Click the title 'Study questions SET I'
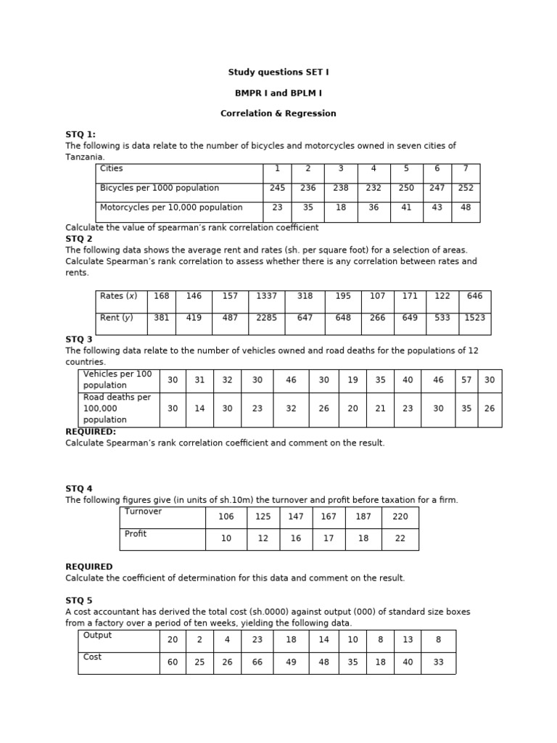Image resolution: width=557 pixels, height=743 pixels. [278, 73]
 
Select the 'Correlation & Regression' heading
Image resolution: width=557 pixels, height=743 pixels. [278, 114]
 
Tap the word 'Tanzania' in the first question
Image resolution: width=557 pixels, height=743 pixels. [84, 157]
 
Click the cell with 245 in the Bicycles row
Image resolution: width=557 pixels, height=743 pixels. [276, 188]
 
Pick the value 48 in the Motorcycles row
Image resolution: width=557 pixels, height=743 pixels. [465, 207]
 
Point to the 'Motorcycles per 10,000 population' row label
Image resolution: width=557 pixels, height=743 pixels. [171, 208]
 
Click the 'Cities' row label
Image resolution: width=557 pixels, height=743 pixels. [112, 169]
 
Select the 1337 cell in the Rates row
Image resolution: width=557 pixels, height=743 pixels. [266, 296]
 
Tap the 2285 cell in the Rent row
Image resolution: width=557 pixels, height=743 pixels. [266, 318]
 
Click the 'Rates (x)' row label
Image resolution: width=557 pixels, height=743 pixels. [118, 296]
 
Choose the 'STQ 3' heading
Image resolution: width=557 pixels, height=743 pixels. [79, 339]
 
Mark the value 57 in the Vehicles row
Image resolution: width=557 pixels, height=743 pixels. [466, 380]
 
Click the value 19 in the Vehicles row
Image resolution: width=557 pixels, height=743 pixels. [352, 380]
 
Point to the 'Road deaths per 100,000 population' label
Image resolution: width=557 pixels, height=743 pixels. [117, 409]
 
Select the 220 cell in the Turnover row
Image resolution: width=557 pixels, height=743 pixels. [400, 517]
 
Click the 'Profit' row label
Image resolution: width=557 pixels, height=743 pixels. [136, 534]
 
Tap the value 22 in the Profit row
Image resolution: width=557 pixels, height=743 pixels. [400, 539]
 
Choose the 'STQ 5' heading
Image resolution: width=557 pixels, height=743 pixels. [79, 601]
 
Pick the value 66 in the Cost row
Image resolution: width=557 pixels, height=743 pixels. [257, 662]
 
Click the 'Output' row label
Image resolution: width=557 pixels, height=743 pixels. [98, 636]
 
